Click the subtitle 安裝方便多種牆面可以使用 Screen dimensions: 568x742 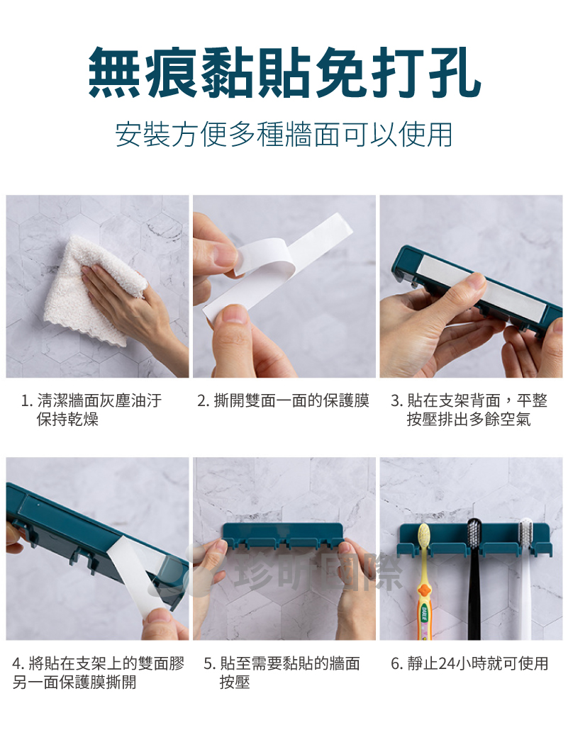pyautogui.click(x=284, y=135)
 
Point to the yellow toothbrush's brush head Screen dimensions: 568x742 pyautogui.click(x=423, y=539)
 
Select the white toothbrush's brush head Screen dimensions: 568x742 pyautogui.click(x=526, y=535)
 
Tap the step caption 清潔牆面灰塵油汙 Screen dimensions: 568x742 pyautogui.click(x=99, y=401)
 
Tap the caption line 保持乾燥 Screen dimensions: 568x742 pyautogui.click(x=67, y=420)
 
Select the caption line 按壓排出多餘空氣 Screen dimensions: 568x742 pyautogui.click(x=469, y=420)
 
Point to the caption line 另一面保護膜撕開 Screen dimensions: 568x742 pyautogui.click(x=74, y=682)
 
